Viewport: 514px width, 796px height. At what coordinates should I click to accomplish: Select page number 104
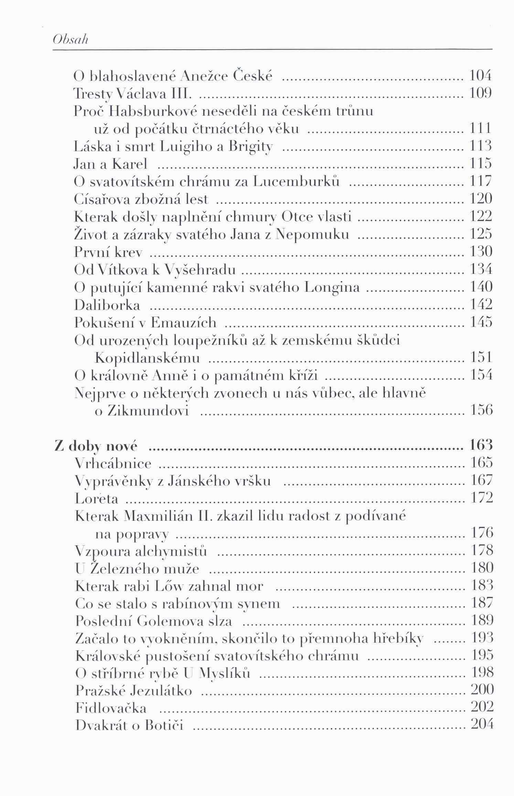click(481, 75)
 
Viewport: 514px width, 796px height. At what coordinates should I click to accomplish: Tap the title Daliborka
click(107, 305)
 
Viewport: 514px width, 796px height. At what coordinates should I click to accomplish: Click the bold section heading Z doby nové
click(96, 446)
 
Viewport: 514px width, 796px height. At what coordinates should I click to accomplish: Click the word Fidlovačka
click(111, 709)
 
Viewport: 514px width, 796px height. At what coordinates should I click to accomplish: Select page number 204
click(482, 725)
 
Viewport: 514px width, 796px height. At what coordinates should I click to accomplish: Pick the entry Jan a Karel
click(110, 164)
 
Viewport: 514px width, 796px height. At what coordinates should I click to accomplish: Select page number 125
click(481, 234)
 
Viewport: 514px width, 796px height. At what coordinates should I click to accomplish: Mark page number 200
click(482, 690)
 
